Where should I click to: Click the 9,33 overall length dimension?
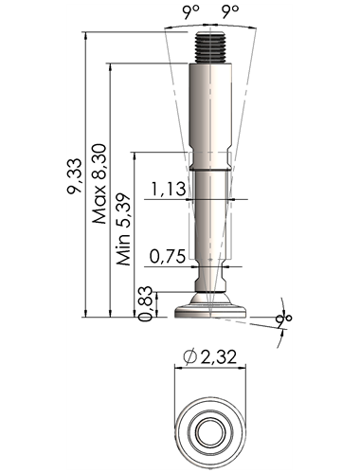coord(75,176)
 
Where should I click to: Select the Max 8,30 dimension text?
coord(99,184)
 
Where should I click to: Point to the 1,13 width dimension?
coord(168,189)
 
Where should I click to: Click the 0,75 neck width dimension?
coord(167,256)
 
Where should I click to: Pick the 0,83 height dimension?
coord(146,303)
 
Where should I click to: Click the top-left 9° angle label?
coord(190,12)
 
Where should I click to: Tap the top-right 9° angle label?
coord(229,11)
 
